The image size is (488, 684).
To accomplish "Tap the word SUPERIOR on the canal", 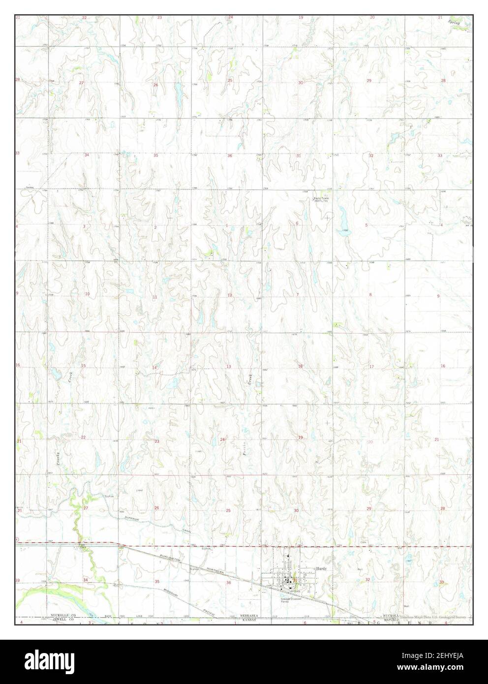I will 132,519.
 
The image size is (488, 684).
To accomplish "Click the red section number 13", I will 229,367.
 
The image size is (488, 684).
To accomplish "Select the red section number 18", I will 300,367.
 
